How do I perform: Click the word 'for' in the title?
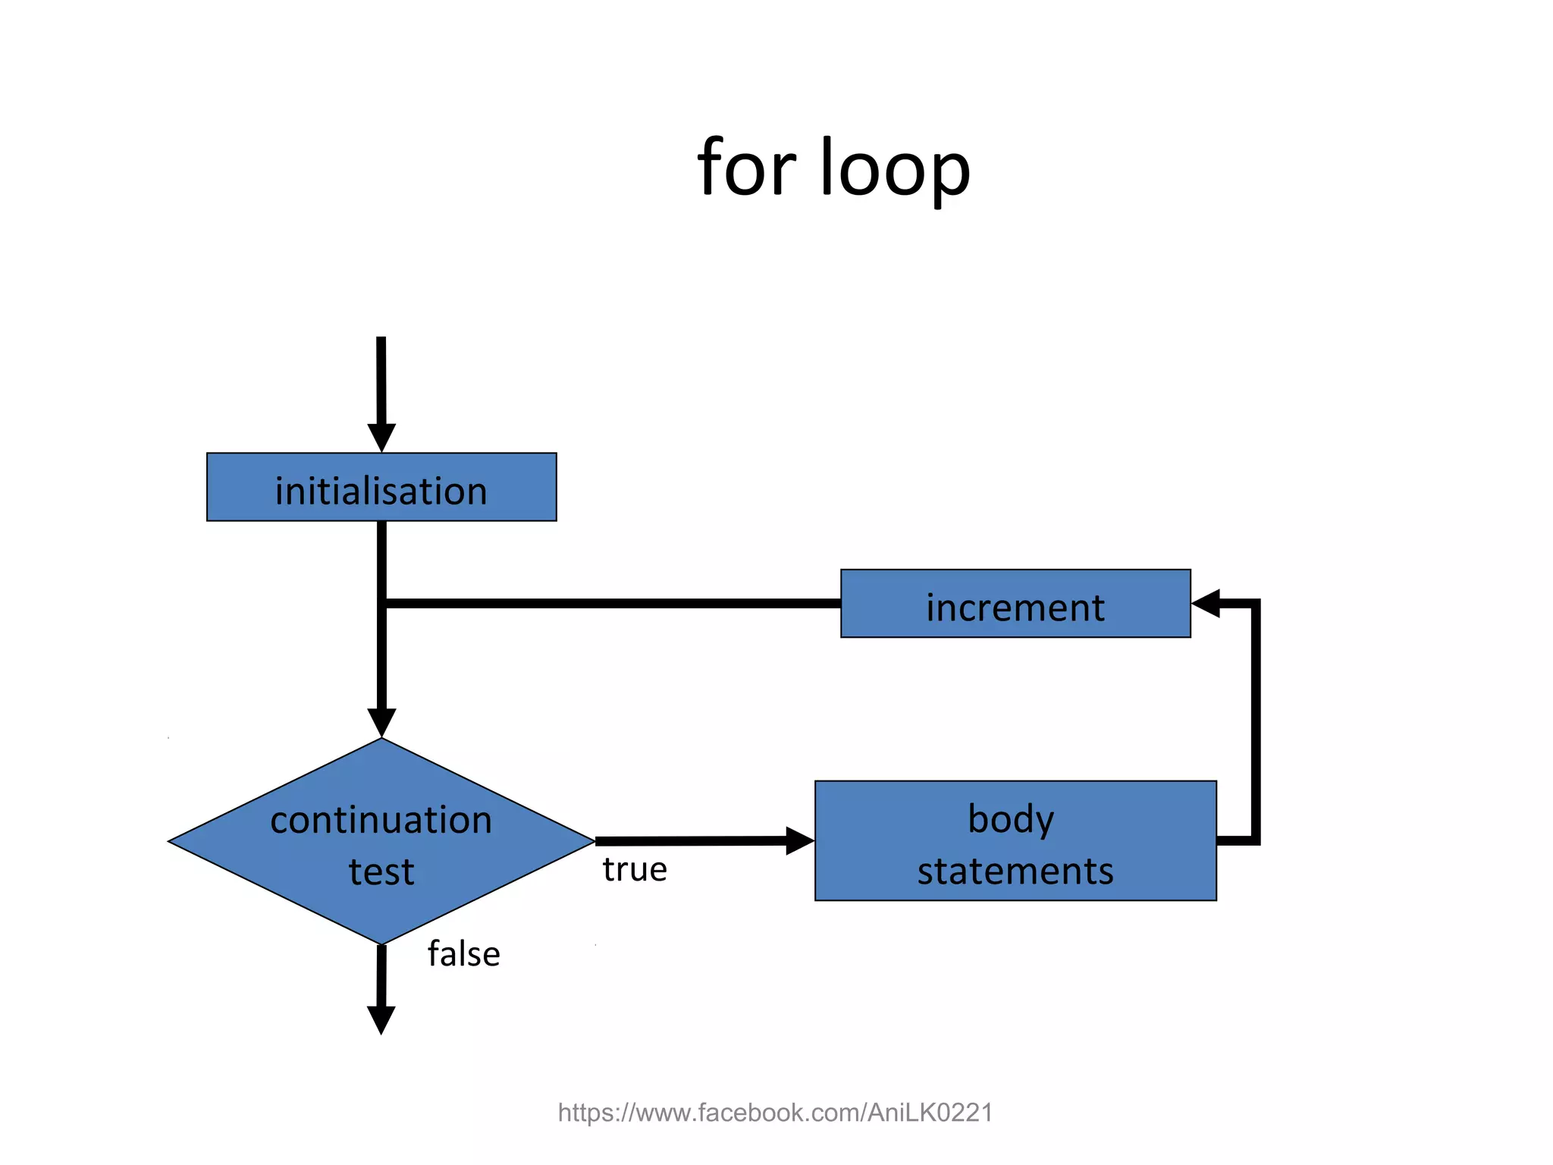[x=746, y=168]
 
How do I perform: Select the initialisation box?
[x=381, y=487]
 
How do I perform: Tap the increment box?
[x=1015, y=604]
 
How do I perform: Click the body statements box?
[x=1015, y=840]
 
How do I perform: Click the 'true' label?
[x=635, y=870]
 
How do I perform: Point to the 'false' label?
[x=463, y=954]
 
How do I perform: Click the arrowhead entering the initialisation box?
[x=381, y=438]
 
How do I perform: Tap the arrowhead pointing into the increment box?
[x=1206, y=604]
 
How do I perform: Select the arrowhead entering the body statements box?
[x=799, y=840]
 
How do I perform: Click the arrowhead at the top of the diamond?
[x=381, y=722]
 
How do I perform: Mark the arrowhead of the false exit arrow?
[x=381, y=1019]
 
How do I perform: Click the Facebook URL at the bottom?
[x=775, y=1113]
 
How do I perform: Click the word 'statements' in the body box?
[x=1015, y=871]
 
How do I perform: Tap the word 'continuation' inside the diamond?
[x=381, y=821]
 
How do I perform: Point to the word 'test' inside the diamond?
[x=381, y=872]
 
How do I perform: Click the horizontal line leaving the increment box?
[x=607, y=604]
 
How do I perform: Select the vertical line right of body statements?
[x=1256, y=721]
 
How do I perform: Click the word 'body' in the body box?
[x=1011, y=819]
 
